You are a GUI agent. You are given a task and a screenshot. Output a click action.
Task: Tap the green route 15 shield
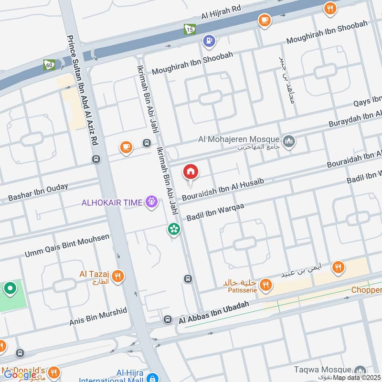190,29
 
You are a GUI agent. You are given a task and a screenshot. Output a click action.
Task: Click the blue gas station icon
208,41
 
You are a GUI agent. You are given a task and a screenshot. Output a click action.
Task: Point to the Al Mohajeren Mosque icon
288,141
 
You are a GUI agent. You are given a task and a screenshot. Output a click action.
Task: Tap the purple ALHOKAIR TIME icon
152,202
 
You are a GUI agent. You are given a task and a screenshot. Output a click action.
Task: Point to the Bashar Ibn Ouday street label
38,192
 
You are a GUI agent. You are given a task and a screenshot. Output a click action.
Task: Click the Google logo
20,375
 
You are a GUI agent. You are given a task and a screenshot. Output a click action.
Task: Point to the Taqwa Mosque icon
360,371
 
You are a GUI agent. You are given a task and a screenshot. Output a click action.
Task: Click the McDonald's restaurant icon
54,372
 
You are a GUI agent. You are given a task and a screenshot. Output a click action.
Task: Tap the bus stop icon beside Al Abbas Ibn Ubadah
168,319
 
